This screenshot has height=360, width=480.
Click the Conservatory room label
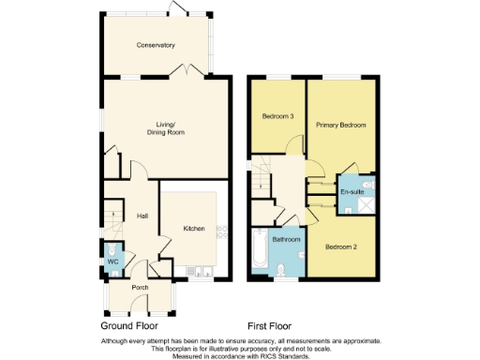156,45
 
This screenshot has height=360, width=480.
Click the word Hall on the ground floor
142,216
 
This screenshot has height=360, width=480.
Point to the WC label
112,261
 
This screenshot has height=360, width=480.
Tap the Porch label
140,287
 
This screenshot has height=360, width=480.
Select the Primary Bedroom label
340,125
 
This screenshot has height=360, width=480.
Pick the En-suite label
352,191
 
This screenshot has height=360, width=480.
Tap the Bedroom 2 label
340,247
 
